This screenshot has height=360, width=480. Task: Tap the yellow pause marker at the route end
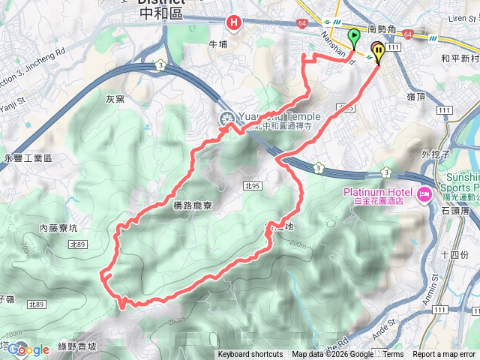point(378,52)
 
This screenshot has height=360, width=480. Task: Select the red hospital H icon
point(235,24)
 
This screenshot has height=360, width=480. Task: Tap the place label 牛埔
point(217,44)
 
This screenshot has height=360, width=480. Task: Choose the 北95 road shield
point(251,184)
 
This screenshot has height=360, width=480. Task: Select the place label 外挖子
point(435,154)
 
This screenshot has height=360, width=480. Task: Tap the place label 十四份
point(454,255)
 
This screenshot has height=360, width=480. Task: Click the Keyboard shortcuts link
point(250,355)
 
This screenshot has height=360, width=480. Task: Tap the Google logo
point(28,349)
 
